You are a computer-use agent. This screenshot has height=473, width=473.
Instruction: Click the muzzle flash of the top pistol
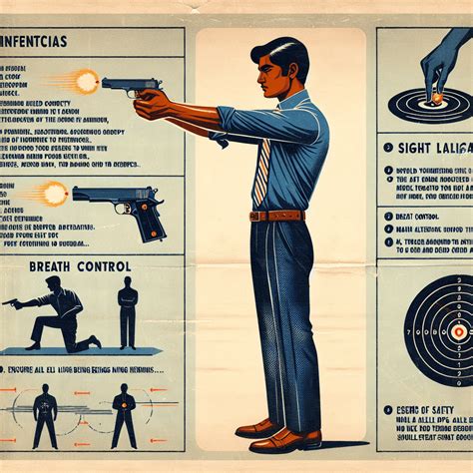tap(85, 80)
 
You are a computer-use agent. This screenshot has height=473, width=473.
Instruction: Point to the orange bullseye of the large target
tap(458, 331)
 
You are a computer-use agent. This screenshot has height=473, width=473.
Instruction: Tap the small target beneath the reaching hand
tap(433, 100)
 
